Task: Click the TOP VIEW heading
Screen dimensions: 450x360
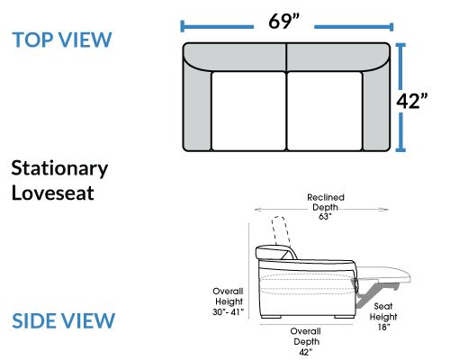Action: point(62,40)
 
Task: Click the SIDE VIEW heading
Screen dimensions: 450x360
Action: point(63,320)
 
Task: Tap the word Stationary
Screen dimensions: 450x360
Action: point(59,168)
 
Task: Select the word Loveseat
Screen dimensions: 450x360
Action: point(53,193)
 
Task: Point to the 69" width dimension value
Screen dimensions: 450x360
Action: point(283,22)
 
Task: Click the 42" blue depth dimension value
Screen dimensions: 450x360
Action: point(411,101)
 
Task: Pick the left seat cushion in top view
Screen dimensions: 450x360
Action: point(248,111)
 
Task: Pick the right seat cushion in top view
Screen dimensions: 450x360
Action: point(325,111)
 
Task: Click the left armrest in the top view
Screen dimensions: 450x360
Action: point(197,108)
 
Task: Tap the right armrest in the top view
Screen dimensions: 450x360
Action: point(376,108)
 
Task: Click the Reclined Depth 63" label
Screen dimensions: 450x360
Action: point(326,207)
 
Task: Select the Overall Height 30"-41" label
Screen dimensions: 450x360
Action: point(228,301)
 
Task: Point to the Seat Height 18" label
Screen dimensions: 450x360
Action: point(383,317)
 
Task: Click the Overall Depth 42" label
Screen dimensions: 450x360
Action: point(306,341)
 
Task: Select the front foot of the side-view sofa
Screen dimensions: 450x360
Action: point(344,317)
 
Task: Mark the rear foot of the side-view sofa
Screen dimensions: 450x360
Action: point(271,317)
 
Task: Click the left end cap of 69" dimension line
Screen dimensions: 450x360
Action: point(182,26)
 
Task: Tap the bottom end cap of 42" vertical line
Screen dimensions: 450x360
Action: point(400,149)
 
